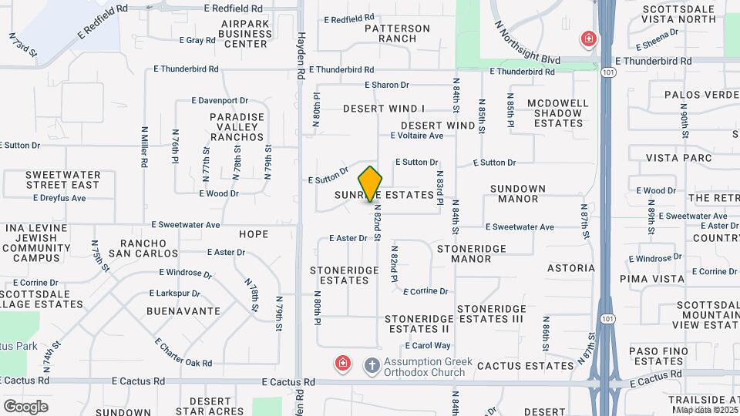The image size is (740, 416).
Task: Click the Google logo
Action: click(25, 406)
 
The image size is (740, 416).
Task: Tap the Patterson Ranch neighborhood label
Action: click(397, 33)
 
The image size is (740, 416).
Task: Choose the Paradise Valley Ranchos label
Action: click(237, 127)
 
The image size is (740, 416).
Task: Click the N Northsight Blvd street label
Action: click(528, 42)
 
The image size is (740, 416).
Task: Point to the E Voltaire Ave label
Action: click(417, 136)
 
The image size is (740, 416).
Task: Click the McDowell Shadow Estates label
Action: click(558, 112)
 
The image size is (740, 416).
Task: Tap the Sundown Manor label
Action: click(518, 193)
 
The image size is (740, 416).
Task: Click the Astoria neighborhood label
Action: click(571, 268)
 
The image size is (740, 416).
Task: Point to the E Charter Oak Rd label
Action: click(183, 352)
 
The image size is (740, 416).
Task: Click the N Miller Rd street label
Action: click(144, 147)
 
